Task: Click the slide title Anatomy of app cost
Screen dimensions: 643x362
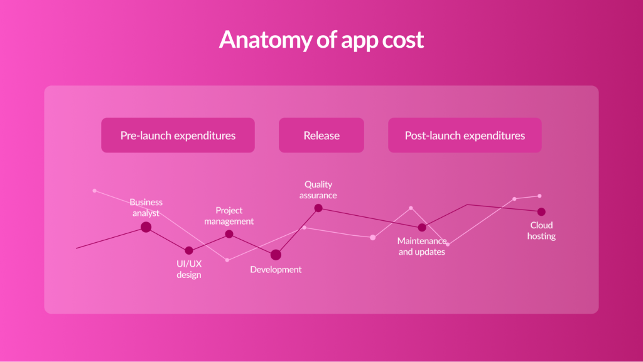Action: (x=321, y=40)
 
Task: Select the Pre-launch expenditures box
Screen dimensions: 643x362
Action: (x=178, y=135)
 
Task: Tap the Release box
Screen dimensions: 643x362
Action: (x=321, y=135)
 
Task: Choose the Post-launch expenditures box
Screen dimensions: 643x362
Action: (x=465, y=135)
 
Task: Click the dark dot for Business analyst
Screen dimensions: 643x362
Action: (x=146, y=227)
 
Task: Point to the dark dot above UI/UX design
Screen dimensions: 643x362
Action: (x=189, y=250)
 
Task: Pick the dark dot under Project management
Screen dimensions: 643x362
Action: (x=229, y=234)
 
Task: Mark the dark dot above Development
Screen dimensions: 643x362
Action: (x=276, y=255)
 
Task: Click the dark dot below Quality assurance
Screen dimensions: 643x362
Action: (x=318, y=208)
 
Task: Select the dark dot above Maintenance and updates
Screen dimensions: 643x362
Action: (x=422, y=227)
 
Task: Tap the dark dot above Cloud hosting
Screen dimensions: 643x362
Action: (x=541, y=211)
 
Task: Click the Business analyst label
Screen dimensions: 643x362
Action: (x=146, y=207)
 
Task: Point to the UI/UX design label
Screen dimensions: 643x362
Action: (x=189, y=269)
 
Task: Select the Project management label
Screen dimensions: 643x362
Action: (x=229, y=216)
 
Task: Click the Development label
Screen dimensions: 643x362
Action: (x=276, y=269)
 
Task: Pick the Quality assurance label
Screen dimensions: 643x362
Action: (x=318, y=189)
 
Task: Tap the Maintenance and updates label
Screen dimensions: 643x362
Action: (x=422, y=246)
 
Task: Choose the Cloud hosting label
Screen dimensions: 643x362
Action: (x=541, y=230)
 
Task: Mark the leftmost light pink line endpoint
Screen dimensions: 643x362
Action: (x=95, y=191)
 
